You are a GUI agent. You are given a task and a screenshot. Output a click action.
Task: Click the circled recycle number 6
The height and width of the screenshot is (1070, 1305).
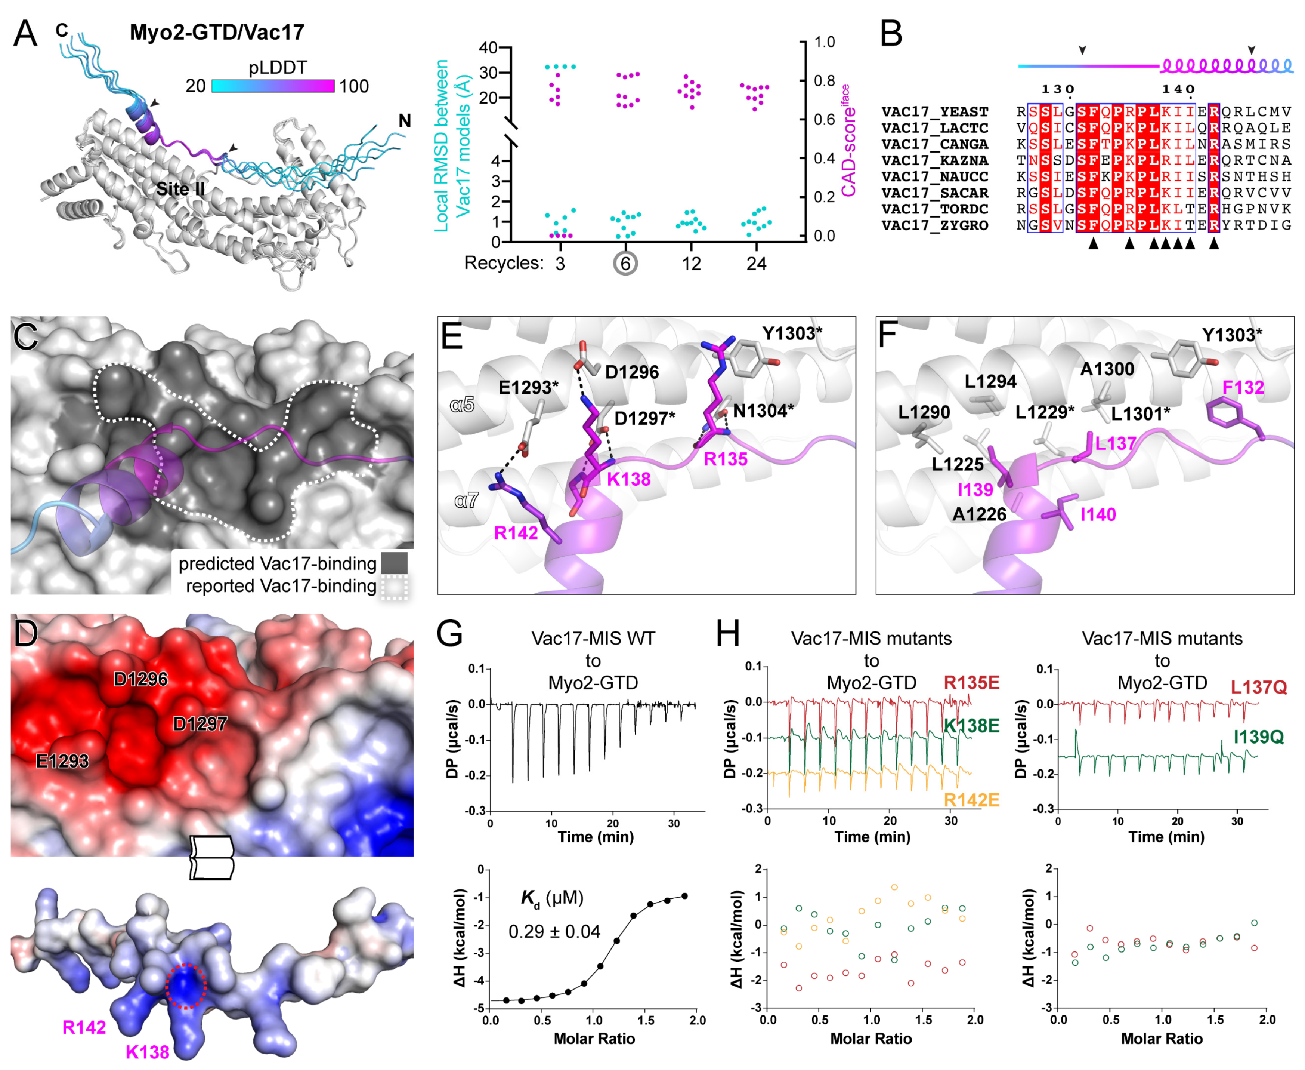625,264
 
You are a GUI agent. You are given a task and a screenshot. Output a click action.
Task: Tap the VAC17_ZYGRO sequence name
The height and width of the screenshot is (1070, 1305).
934,225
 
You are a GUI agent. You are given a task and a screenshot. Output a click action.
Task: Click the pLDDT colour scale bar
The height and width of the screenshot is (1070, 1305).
273,86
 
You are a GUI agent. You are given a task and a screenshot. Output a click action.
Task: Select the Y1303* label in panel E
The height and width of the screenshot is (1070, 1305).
792,333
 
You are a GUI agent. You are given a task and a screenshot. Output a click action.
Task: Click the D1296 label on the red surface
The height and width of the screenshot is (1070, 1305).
140,679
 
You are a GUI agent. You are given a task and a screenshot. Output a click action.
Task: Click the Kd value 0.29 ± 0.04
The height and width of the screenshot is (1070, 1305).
554,931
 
